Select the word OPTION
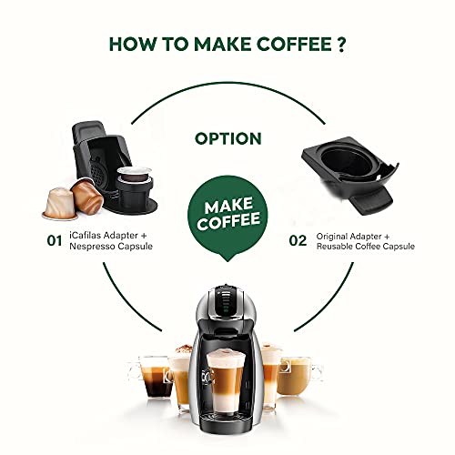pos(228,138)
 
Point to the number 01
pos(54,241)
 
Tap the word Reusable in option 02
pos(340,248)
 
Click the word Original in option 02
pos(334,236)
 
